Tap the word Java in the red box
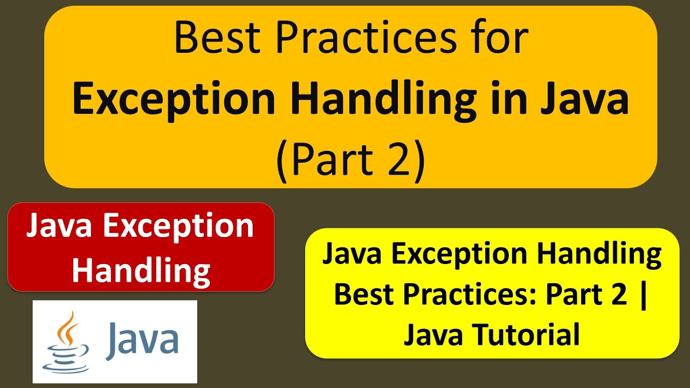click(x=60, y=226)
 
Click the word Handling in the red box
click(x=141, y=270)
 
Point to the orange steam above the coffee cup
click(x=67, y=327)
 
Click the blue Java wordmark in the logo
click(x=143, y=339)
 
